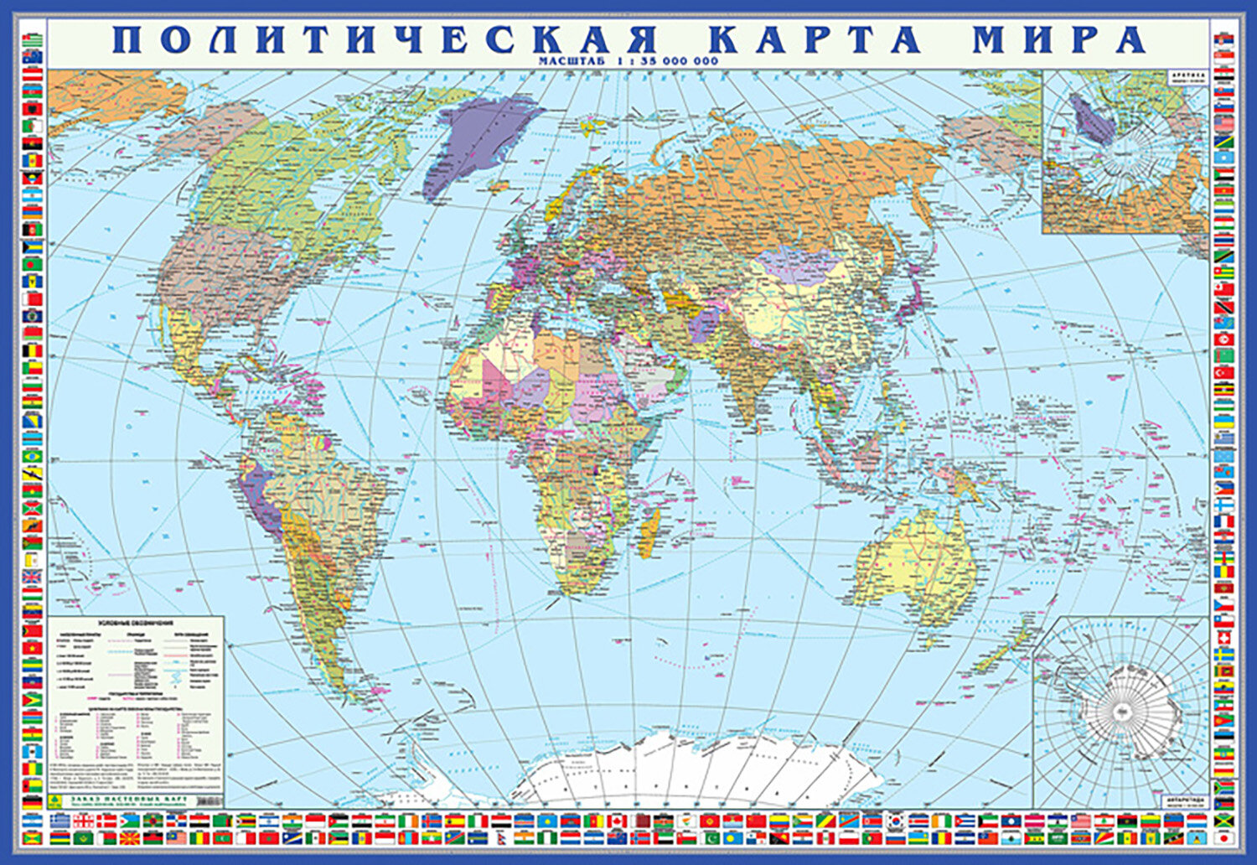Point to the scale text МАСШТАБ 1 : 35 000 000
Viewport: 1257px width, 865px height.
point(628,60)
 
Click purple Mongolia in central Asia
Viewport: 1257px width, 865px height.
point(800,264)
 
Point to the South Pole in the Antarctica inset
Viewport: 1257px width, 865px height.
point(1123,712)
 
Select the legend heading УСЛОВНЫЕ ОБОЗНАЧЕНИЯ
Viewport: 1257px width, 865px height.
point(135,624)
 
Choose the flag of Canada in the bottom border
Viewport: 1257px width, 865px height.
point(618,821)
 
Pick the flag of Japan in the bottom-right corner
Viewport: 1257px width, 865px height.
point(1224,837)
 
